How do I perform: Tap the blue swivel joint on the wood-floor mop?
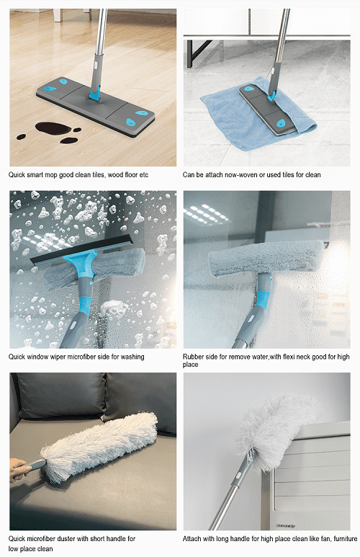[x=94, y=94]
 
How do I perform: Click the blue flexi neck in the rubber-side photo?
[x=262, y=299]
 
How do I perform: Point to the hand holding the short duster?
[x=19, y=469]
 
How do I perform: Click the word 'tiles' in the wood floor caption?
[x=99, y=175]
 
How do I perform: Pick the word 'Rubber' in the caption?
[x=192, y=357]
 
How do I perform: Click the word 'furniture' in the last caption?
[x=345, y=538]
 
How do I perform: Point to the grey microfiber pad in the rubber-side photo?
[x=267, y=258]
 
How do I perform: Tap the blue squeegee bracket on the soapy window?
[x=82, y=264]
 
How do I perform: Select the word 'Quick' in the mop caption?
[x=17, y=175]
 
